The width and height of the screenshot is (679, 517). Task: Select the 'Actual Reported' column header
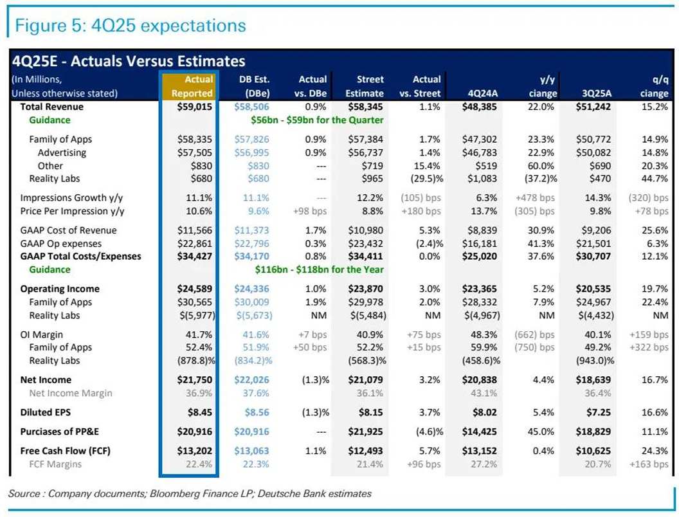pyautogui.click(x=191, y=86)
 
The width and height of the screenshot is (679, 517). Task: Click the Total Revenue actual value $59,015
pyautogui.click(x=195, y=107)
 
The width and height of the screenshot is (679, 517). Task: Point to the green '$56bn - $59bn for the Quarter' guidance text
pyautogui.click(x=317, y=120)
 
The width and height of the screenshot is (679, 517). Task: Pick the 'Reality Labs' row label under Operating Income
pyautogui.click(x=54, y=315)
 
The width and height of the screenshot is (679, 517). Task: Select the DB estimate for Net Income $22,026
pyautogui.click(x=252, y=380)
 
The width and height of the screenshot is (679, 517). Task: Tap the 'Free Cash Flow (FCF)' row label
pyautogui.click(x=65, y=451)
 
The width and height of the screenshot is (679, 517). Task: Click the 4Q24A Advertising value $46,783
pyautogui.click(x=479, y=152)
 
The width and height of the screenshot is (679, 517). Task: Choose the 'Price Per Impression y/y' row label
pyautogui.click(x=73, y=211)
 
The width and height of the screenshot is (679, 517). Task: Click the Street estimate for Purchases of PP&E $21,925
pyautogui.click(x=365, y=432)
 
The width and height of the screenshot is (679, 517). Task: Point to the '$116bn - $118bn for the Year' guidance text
pyautogui.click(x=320, y=269)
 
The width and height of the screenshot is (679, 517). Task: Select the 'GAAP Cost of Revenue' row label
pyautogui.click(x=68, y=230)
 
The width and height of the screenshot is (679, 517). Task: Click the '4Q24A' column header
pyautogui.click(x=480, y=93)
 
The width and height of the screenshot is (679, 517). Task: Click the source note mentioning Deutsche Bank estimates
pyautogui.click(x=190, y=494)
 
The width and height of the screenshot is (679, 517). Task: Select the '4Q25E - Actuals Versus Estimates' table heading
pyautogui.click(x=129, y=61)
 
